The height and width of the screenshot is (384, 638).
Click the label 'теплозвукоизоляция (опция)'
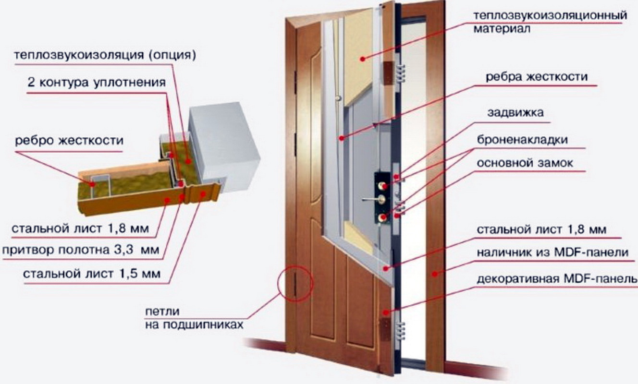(105, 55)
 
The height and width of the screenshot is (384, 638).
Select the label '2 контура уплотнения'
(97, 82)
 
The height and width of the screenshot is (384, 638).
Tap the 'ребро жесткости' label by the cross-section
(69, 141)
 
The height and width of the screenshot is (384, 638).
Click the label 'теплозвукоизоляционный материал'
(550, 22)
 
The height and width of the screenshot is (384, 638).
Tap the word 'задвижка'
(515, 113)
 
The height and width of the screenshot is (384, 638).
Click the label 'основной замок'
(525, 163)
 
